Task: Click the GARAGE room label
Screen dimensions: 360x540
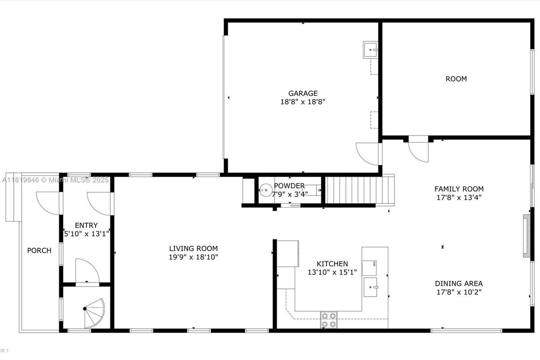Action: [303, 93]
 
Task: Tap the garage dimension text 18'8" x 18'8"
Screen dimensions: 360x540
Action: [303, 102]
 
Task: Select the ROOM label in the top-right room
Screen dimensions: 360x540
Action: [456, 79]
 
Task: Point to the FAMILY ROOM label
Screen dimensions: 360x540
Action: [459, 189]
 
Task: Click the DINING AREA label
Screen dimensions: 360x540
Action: [459, 283]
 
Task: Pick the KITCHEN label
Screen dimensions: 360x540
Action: [332, 264]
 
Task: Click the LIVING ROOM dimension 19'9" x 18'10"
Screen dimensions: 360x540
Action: [193, 257]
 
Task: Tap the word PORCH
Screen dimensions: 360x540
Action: [39, 250]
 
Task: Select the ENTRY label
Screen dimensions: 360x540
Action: [86, 225]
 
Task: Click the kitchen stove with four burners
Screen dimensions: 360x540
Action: [329, 320]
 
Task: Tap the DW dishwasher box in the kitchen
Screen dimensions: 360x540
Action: [370, 267]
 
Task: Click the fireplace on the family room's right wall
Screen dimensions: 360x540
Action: [527, 236]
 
